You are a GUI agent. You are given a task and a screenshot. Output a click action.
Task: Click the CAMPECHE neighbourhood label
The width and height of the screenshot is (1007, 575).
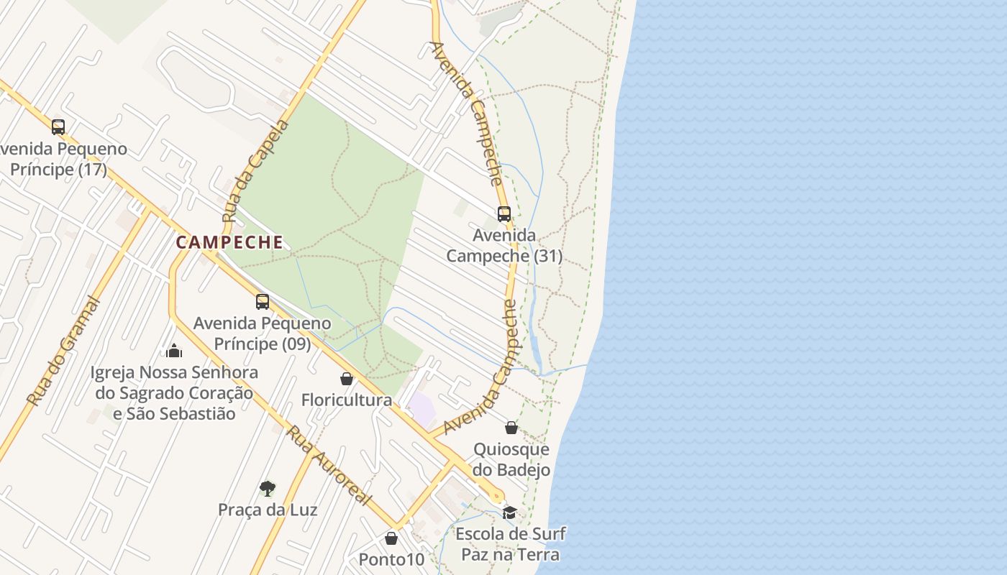tap(229, 242)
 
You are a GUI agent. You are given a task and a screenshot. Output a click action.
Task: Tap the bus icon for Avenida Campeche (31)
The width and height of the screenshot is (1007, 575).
tap(504, 213)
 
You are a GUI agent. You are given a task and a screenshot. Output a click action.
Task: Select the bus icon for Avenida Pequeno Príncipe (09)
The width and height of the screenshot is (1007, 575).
tap(263, 302)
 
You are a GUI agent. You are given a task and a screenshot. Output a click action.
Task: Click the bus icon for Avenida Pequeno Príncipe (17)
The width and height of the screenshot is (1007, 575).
tap(58, 127)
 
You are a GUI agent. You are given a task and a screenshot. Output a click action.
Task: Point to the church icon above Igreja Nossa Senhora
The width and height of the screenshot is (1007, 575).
tap(174, 351)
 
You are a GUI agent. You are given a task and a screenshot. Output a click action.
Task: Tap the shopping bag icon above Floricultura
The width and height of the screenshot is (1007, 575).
tap(347, 379)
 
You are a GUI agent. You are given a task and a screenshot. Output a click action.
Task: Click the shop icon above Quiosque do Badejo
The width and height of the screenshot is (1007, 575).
tap(511, 428)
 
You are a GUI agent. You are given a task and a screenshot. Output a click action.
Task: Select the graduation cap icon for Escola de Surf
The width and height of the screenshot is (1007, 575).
tap(510, 512)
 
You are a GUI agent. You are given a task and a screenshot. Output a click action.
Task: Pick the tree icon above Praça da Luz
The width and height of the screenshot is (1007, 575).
tap(268, 489)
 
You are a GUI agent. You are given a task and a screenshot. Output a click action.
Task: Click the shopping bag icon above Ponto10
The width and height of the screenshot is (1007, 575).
tap(391, 538)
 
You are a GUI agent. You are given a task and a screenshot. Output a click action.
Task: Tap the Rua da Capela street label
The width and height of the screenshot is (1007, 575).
tap(255, 171)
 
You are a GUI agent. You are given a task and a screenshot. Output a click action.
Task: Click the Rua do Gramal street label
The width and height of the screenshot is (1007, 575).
tap(63, 351)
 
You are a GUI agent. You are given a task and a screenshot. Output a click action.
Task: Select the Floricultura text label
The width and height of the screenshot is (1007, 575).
tap(347, 400)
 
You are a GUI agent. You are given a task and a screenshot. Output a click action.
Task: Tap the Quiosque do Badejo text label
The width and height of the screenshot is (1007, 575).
tap(511, 460)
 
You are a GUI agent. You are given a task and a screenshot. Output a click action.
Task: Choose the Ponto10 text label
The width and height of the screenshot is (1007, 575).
tap(392, 559)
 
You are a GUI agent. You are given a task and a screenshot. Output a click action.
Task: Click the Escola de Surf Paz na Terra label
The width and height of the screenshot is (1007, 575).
tap(510, 544)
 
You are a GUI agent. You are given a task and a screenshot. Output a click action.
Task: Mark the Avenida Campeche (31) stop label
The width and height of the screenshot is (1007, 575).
tap(504, 245)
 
